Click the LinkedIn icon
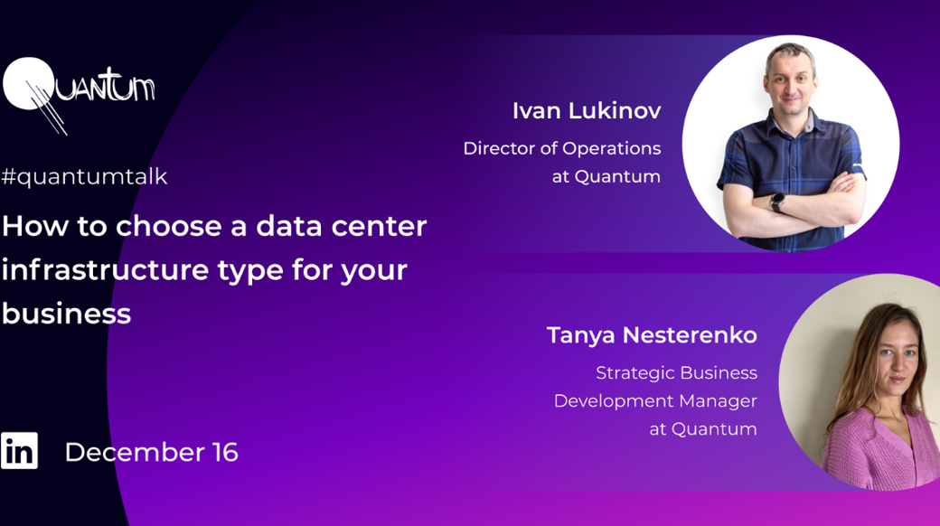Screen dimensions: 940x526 pyautogui.click(x=19, y=450)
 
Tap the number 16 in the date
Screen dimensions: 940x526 pyautogui.click(x=225, y=452)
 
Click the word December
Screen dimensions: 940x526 pyautogui.click(x=135, y=452)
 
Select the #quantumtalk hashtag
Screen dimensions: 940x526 pyautogui.click(x=84, y=176)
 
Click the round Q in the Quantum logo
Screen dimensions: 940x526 pyautogui.click(x=27, y=84)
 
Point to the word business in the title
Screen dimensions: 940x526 pyautogui.click(x=66, y=314)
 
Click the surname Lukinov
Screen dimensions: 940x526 pyautogui.click(x=615, y=111)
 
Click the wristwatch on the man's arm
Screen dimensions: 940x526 pyautogui.click(x=777, y=202)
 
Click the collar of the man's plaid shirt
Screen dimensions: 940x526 pyautogui.click(x=791, y=117)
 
